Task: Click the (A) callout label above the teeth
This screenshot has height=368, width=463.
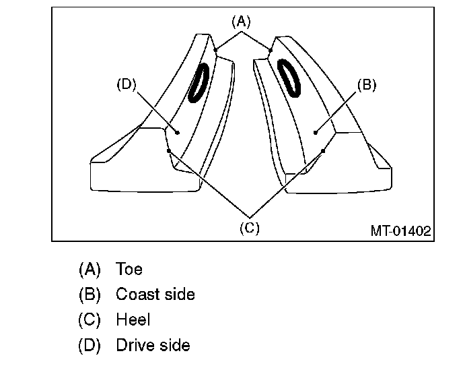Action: tap(241, 22)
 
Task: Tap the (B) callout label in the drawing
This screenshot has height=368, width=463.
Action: tap(365, 86)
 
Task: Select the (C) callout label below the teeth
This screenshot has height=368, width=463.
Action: tap(249, 228)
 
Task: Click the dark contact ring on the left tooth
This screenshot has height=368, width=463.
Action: tap(199, 82)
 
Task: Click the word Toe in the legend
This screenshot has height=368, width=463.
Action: tap(129, 269)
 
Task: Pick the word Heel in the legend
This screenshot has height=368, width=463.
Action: tap(133, 320)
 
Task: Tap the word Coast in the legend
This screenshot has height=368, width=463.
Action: tap(137, 295)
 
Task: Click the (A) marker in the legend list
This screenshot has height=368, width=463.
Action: tap(90, 269)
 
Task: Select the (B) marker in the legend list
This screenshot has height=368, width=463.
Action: tap(90, 295)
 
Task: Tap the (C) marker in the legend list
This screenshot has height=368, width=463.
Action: tap(90, 320)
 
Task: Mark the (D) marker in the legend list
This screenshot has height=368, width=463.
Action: tap(90, 346)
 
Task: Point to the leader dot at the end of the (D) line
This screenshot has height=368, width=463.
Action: tap(178, 132)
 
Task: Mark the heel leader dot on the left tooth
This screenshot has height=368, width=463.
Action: tap(169, 151)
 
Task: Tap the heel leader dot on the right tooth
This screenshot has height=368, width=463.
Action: tap(323, 151)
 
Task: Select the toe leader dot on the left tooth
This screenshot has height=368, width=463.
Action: tap(215, 49)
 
